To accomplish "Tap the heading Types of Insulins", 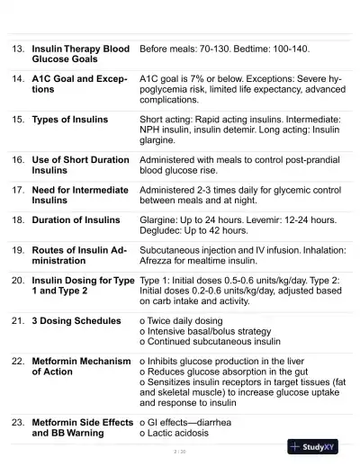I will pyautogui.click(x=70, y=119).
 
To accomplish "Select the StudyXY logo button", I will pyautogui.click(x=315, y=446).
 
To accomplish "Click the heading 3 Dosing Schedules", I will pyautogui.click(x=76, y=320).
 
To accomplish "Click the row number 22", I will pyautogui.click(x=18, y=361).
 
